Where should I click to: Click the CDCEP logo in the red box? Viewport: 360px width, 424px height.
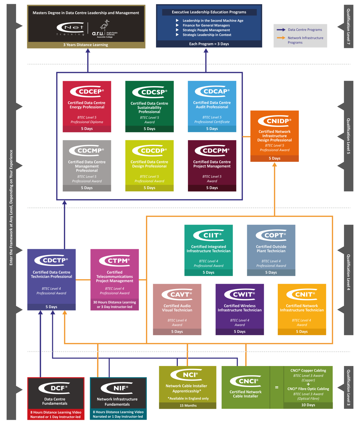87,91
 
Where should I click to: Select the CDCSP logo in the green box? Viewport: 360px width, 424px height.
150,92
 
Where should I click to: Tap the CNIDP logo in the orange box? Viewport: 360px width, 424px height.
274,121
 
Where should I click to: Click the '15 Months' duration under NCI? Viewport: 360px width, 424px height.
188,405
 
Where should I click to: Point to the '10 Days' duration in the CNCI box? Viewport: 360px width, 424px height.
308,405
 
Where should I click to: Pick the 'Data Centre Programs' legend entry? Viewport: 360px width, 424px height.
305,30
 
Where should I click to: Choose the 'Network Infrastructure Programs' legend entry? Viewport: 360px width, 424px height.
305,40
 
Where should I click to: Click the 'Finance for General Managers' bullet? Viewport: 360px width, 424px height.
206,25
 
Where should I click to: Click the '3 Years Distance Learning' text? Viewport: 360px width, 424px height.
86,45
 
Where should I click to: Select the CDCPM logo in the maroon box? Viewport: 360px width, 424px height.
212,150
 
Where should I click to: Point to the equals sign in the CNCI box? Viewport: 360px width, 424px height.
277,388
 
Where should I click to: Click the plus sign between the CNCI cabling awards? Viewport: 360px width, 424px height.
308,384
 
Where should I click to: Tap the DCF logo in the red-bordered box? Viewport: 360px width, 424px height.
54,388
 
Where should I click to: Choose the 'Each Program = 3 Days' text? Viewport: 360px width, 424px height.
209,44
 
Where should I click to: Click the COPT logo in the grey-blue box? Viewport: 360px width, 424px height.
271,235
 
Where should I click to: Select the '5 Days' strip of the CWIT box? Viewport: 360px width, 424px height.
240,332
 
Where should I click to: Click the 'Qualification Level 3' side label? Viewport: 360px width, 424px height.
348,387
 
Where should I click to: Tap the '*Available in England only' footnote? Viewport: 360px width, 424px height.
188,398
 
